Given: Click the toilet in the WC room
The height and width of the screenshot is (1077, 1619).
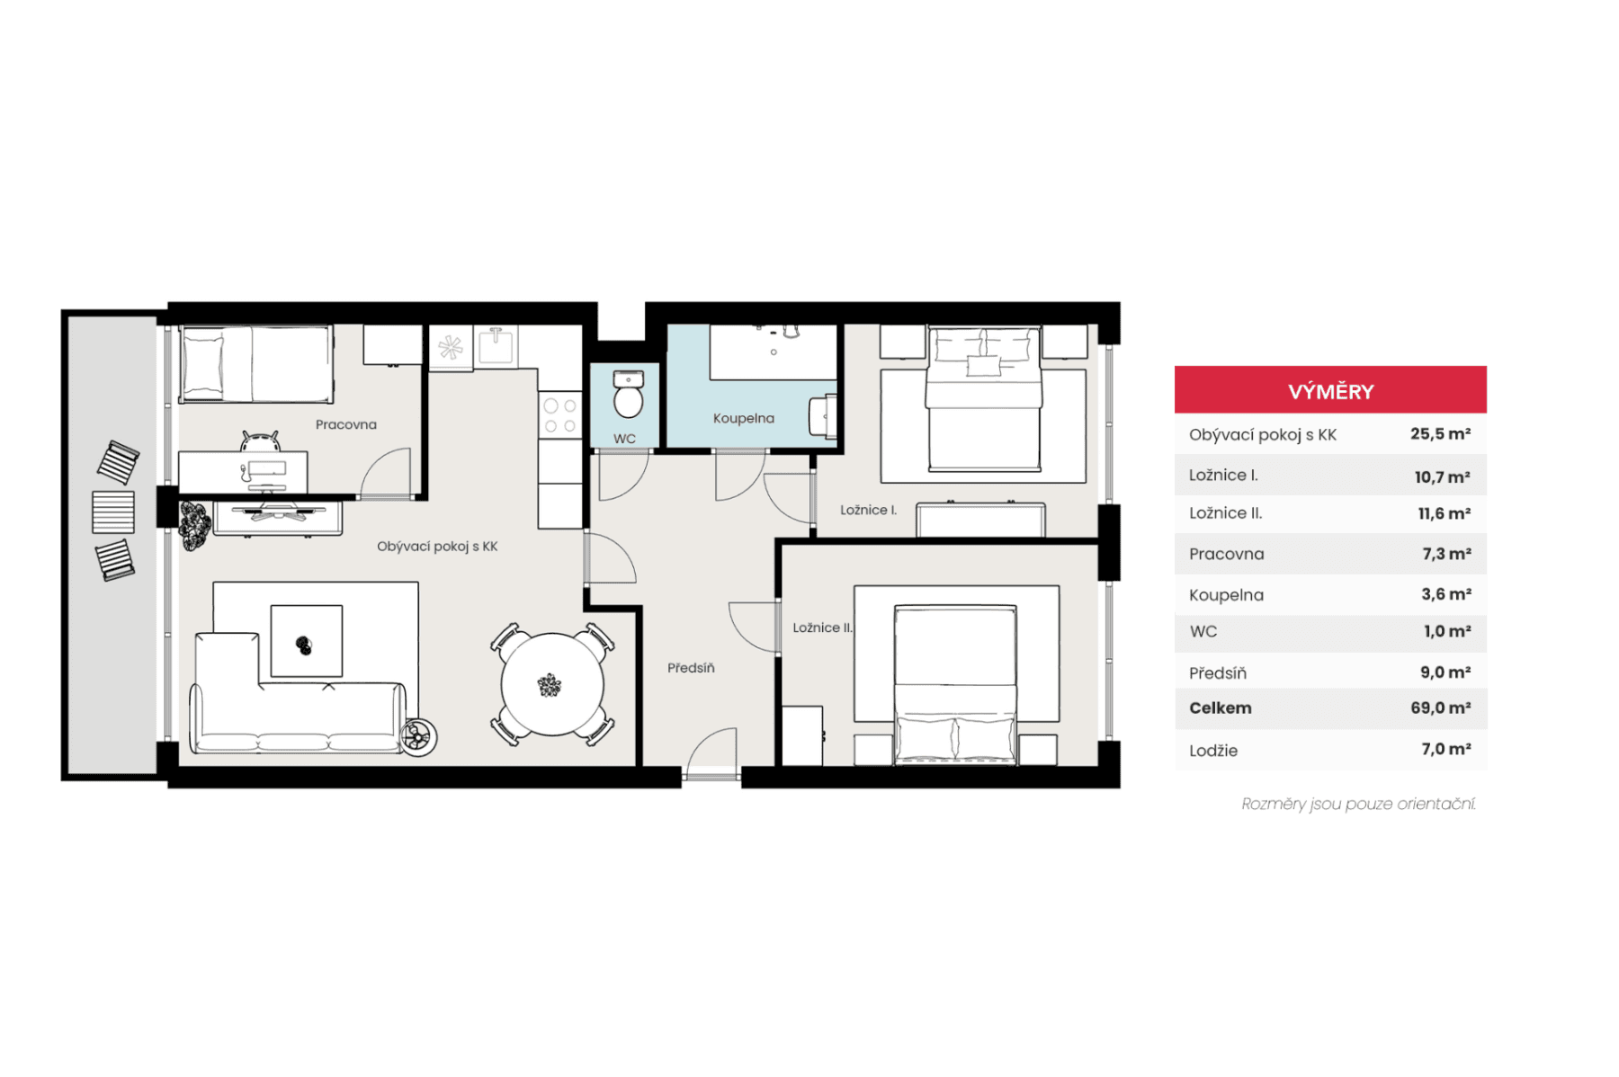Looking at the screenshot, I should coord(628,396).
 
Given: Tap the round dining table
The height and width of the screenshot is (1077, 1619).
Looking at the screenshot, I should coord(551,684).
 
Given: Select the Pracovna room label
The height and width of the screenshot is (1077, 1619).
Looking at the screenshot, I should coord(345,424).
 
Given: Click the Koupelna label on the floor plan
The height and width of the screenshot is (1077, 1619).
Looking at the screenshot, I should coord(743,418).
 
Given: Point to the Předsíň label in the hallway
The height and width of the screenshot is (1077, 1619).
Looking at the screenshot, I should coord(691,668).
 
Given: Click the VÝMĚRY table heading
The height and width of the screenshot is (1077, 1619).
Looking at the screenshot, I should coord(1330,391).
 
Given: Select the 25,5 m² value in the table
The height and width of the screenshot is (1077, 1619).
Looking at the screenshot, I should coord(1440,433).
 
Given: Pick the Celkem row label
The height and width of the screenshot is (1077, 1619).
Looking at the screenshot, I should coord(1220,708).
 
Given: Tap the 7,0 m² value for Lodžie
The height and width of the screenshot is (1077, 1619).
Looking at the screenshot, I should coord(1445,749).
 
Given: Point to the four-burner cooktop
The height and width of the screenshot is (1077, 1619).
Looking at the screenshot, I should coord(559,416).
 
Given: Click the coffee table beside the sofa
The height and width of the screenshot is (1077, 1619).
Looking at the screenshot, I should coord(306,641).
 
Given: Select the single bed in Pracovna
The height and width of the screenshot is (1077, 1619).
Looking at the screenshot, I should coord(256,364).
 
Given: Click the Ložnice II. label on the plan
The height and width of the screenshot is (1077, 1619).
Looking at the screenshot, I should coord(821,628).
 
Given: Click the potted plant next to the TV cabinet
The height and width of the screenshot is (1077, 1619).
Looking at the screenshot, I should coord(193,524).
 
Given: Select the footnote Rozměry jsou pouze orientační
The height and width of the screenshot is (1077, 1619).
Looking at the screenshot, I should coord(1357,804).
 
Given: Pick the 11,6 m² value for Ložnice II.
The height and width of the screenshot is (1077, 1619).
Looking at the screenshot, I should coord(1444,513).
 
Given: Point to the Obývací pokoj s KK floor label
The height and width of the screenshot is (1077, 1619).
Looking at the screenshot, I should coord(437,546).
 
